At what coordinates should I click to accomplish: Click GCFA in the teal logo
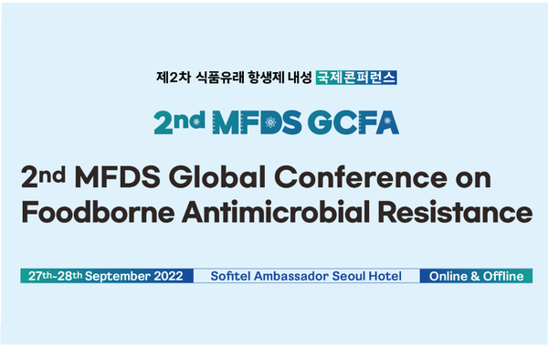(355, 122)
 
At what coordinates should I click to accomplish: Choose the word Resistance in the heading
(462, 214)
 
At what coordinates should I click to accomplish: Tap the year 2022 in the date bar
(171, 276)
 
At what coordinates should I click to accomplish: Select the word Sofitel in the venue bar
(233, 276)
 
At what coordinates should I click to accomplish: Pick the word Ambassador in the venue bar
(294, 276)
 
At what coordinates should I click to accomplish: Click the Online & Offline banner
(476, 276)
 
